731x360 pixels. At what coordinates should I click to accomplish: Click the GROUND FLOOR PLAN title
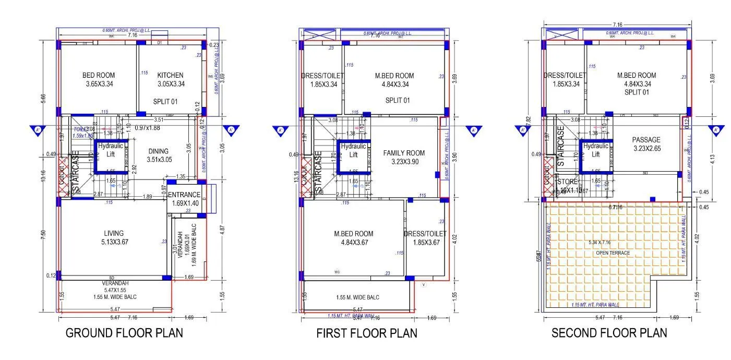124,333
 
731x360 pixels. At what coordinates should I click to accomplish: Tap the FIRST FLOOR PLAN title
367,333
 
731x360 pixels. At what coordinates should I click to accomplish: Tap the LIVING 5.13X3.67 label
113,237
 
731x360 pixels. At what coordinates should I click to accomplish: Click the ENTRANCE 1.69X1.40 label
185,199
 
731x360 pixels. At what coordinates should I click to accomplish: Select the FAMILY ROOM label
404,157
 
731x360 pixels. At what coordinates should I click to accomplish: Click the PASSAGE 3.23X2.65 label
646,144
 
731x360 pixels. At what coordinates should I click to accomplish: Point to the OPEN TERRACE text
613,253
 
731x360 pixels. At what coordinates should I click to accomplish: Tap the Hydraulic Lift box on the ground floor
111,150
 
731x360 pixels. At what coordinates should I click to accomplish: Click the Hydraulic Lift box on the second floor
596,150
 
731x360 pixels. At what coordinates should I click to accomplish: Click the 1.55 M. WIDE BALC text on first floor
357,297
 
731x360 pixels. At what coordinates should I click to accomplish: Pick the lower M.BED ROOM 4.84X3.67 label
354,238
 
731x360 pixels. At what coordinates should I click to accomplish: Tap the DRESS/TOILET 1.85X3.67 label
425,238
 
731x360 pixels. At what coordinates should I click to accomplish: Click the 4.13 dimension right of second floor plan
712,158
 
